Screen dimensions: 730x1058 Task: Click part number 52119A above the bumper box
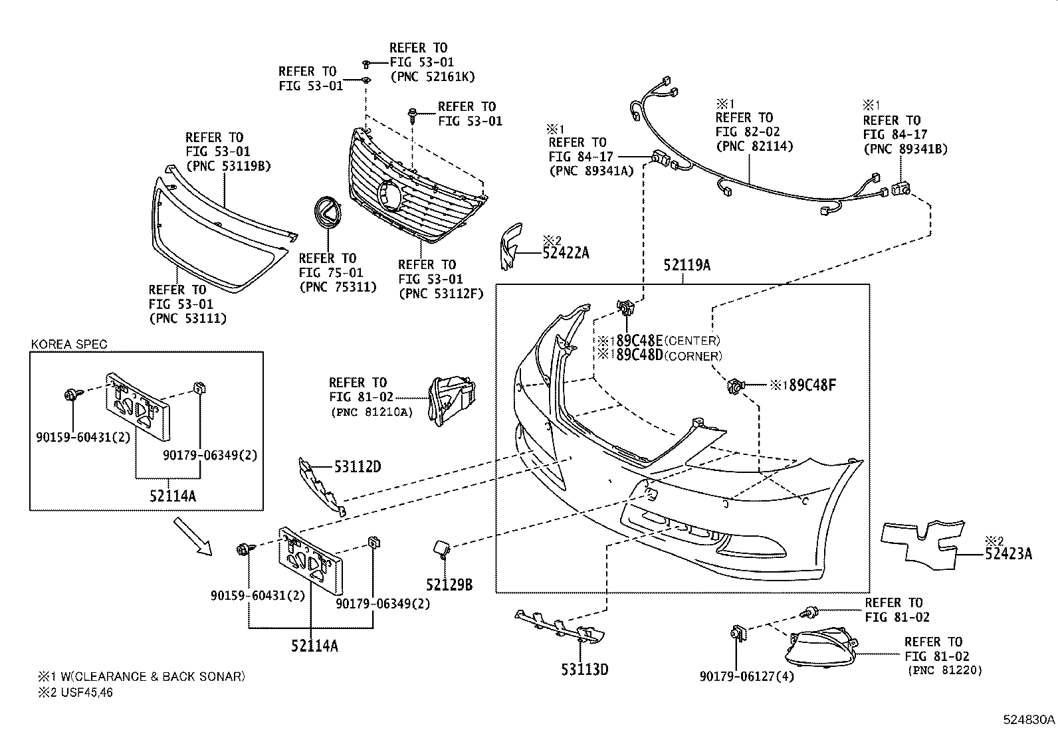687,266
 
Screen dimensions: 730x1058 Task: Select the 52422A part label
566,253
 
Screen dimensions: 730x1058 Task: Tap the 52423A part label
1008,553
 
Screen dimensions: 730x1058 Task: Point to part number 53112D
358,467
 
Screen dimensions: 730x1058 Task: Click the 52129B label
449,585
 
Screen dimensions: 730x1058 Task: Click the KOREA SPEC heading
69,345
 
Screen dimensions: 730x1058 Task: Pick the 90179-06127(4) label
746,677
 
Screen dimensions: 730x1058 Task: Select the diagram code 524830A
1029,719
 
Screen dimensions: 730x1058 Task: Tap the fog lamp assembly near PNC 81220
821,648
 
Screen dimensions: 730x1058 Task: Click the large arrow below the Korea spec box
192,535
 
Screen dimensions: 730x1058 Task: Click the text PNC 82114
754,146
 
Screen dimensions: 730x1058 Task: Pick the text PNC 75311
338,287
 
